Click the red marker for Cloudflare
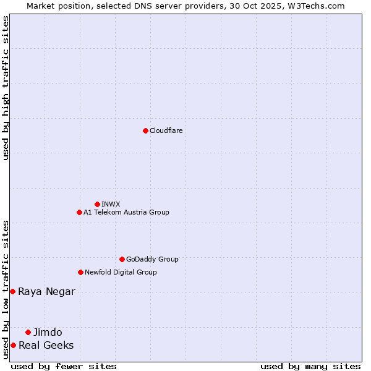tap(145, 130)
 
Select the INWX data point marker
tap(97, 204)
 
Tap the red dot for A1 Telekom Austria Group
tap(79, 212)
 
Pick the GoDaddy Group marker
tap(122, 259)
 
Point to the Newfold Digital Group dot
tap(80, 272)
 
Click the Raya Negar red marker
tap(12, 291)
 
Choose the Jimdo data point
tap(28, 332)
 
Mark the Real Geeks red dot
tap(13, 345)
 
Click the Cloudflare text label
tap(166, 130)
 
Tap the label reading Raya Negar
tap(46, 291)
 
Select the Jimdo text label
tap(48, 332)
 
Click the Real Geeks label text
tap(46, 345)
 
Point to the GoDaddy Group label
tap(152, 259)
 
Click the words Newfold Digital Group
tap(121, 272)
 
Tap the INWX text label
tap(111, 204)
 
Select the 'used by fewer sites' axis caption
tap(64, 366)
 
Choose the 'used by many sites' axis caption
tap(310, 366)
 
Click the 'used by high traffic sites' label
tap(6, 88)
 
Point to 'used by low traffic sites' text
tap(6, 289)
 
